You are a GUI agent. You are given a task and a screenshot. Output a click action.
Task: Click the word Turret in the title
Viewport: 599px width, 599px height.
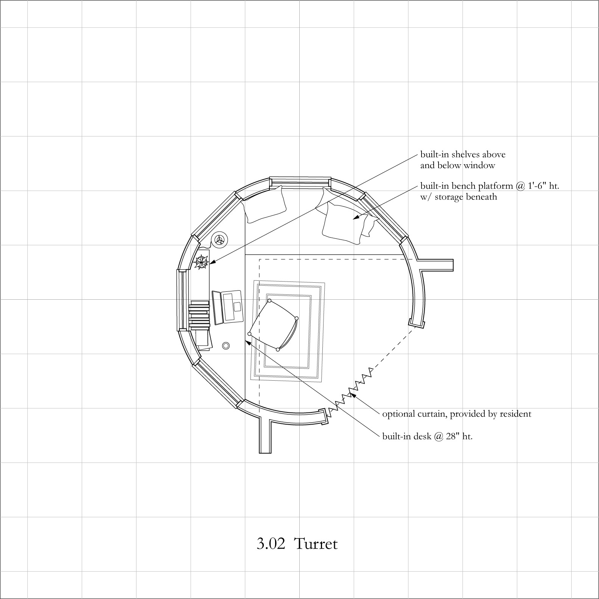315,544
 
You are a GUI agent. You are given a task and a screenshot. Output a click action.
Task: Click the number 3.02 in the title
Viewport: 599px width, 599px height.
271,544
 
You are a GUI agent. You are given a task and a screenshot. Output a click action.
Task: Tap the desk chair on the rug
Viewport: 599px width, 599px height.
273,325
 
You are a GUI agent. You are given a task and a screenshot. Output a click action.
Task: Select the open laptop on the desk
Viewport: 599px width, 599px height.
227,307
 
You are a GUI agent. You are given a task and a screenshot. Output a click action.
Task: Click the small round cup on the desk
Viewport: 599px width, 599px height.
226,345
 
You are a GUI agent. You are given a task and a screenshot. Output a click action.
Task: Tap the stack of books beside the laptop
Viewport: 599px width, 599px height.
199,314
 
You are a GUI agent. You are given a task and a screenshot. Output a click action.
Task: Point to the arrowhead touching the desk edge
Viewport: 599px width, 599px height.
249,343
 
